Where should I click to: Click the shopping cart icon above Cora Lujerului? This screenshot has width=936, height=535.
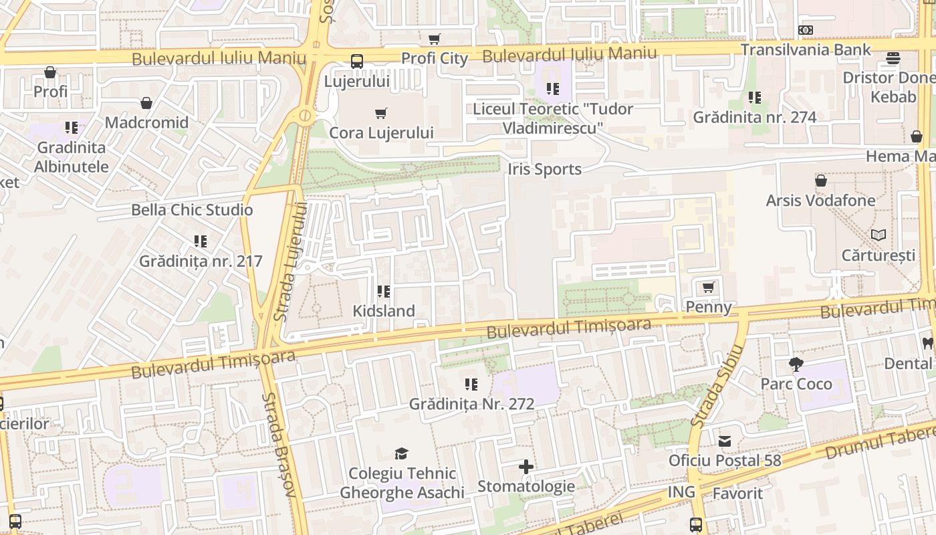point(381,114)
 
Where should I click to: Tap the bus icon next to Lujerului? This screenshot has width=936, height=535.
point(357,62)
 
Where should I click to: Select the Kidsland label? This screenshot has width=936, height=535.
point(384,311)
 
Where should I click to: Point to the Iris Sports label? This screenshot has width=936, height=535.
point(544,169)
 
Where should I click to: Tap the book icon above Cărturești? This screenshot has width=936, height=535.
point(879,235)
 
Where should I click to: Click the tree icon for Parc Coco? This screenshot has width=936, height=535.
point(796,364)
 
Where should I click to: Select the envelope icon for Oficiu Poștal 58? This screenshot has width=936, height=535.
point(725,441)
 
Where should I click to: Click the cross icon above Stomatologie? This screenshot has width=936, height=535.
point(526,467)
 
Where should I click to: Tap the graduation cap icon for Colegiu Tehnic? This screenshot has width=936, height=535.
point(401,454)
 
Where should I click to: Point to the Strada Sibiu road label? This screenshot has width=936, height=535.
point(717,387)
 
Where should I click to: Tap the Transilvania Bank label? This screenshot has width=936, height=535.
point(806,49)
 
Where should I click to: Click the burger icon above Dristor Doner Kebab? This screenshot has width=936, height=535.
point(893,58)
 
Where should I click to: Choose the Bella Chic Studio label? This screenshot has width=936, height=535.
point(192,210)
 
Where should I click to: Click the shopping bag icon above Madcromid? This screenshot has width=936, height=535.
point(146,103)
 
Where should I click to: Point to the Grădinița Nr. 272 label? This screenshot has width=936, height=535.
point(471,404)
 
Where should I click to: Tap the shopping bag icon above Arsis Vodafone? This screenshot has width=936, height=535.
point(820,181)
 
